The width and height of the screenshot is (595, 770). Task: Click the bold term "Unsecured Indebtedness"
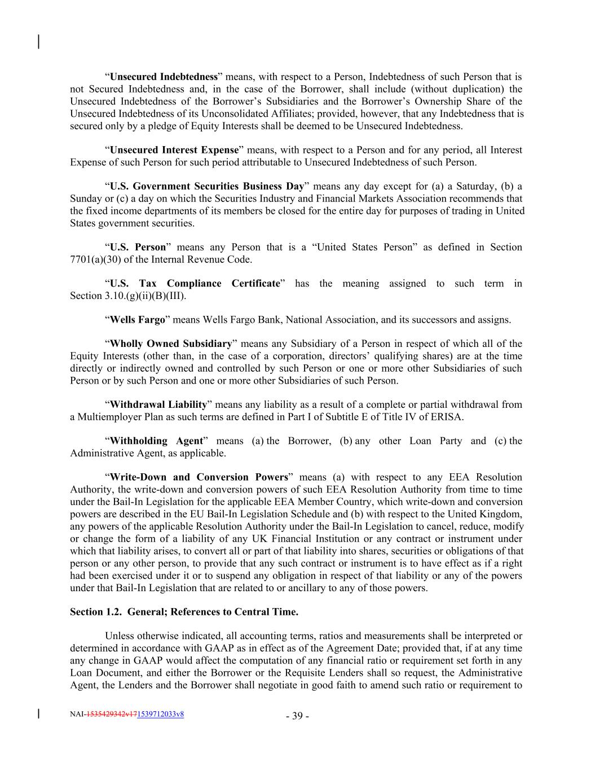[x=164, y=77]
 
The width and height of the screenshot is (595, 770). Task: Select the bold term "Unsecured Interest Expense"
[x=174, y=150]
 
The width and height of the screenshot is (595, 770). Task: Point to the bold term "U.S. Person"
[x=138, y=247]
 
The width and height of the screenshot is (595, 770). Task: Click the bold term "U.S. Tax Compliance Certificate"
[x=195, y=283]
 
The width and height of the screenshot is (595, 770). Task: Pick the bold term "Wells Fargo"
[x=137, y=320]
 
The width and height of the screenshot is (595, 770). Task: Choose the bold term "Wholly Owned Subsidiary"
[x=170, y=344]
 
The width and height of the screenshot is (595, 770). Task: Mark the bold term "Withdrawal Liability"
[x=158, y=404]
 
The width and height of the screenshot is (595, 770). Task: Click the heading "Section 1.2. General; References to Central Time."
[x=184, y=612]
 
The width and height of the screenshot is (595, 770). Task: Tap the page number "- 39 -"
[x=297, y=716]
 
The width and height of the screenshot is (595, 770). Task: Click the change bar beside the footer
[x=38, y=714]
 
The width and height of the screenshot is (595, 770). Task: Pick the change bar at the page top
[x=38, y=42]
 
